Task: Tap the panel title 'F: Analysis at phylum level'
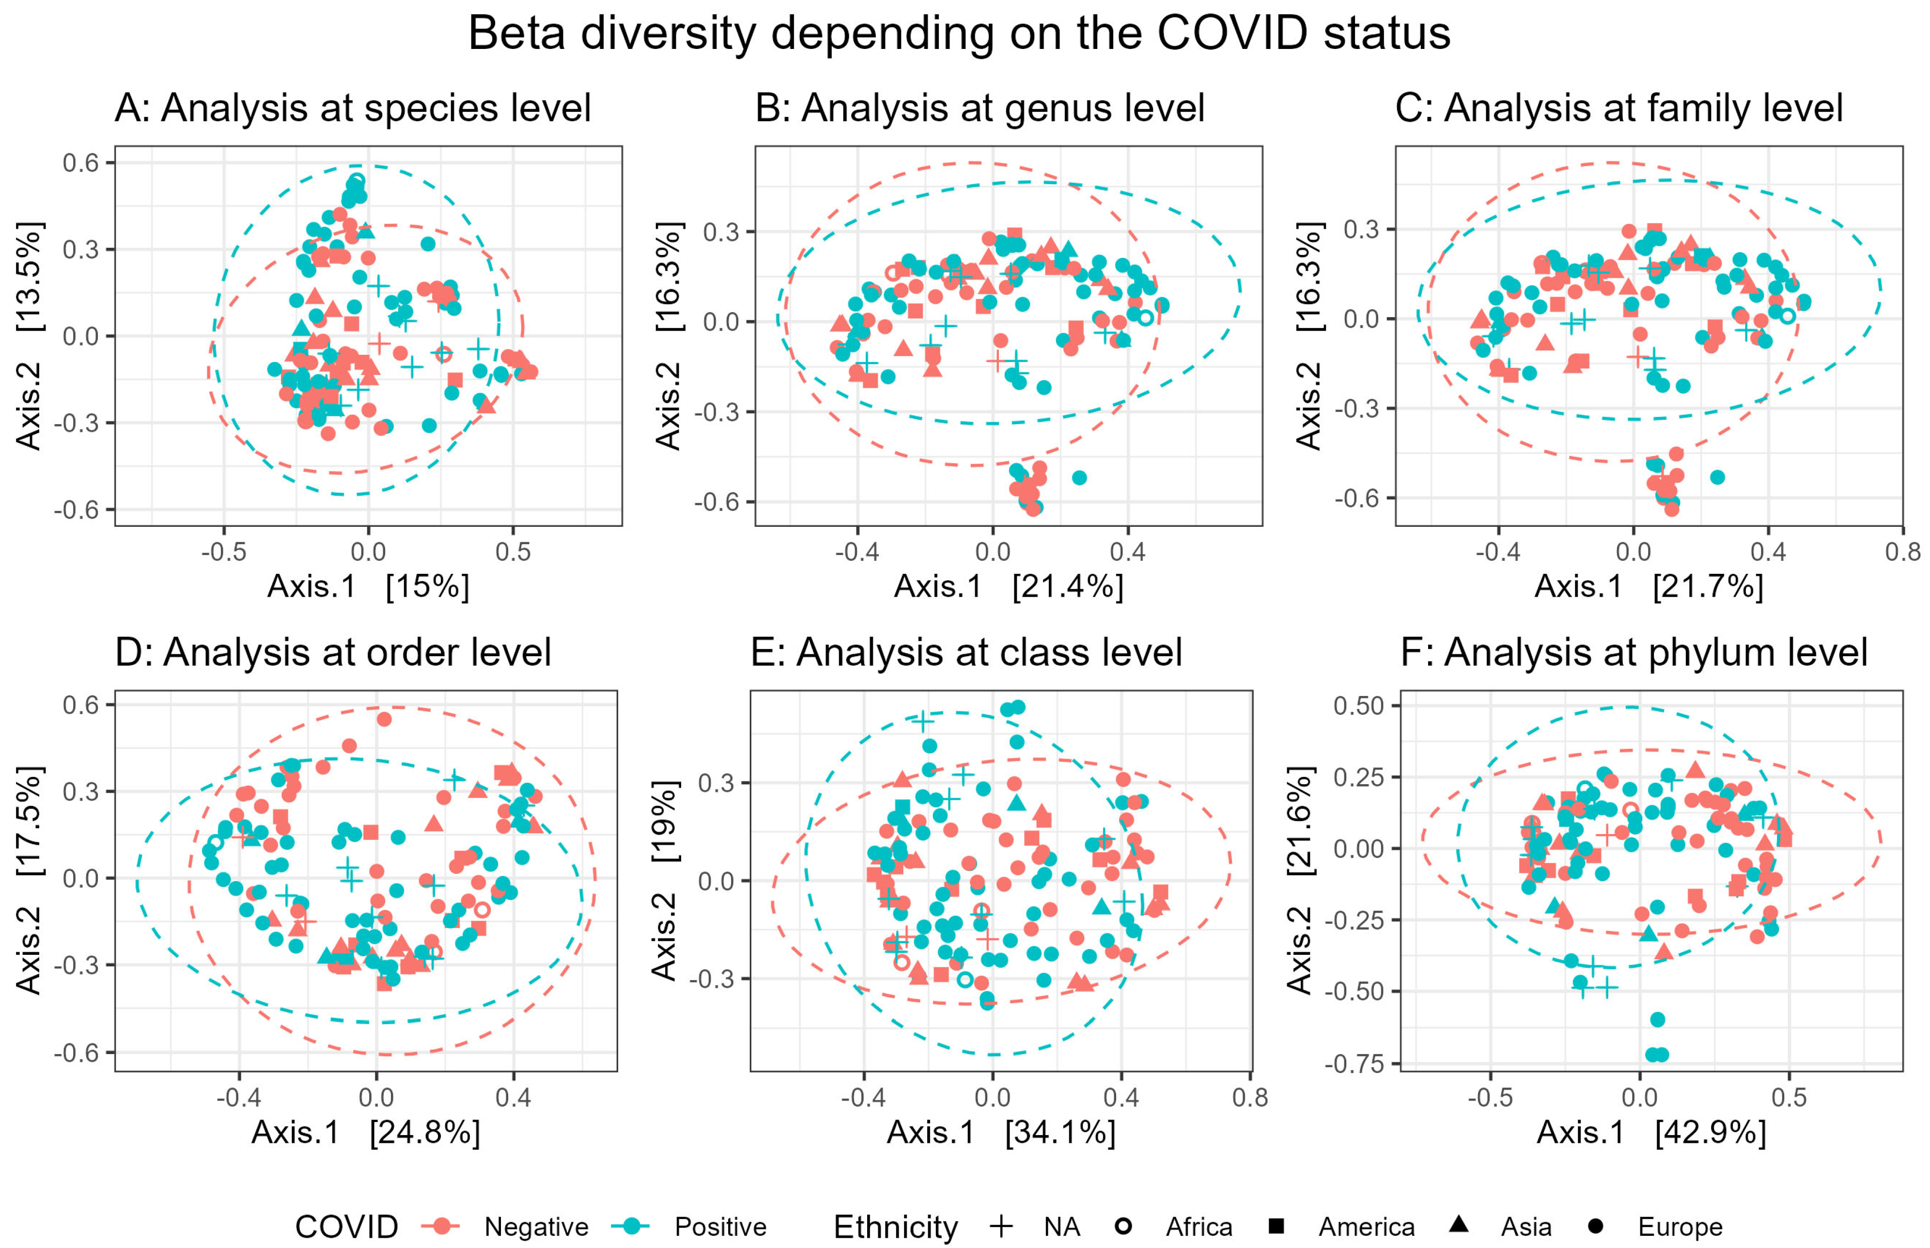[x=1634, y=652]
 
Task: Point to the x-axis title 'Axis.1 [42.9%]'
[x=1650, y=1132]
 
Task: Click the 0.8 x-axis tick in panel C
[x=1901, y=553]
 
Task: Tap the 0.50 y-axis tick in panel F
[x=1358, y=706]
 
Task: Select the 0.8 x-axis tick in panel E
[x=1250, y=1098]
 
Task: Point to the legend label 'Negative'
[x=536, y=1227]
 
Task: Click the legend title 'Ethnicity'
[x=895, y=1227]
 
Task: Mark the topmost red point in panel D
[x=384, y=719]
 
